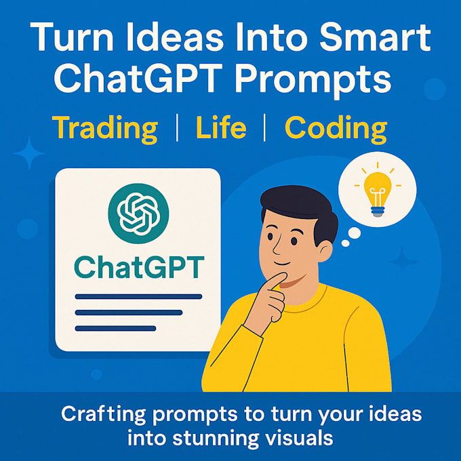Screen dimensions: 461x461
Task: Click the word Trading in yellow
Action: [105, 127]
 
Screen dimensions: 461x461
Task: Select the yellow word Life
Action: [220, 127]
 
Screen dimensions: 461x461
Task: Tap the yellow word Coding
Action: [336, 127]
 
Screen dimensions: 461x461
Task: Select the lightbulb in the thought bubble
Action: [378, 189]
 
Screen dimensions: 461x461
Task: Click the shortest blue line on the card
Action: [115, 329]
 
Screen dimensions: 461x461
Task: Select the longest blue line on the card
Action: [138, 296]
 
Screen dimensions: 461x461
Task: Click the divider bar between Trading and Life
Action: [177, 127]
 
